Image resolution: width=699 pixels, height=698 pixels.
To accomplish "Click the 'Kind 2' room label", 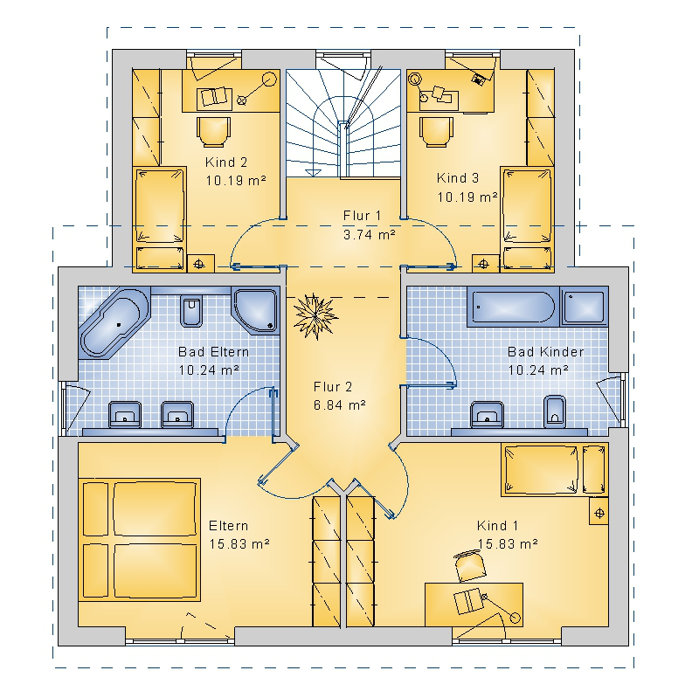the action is coord(226,162).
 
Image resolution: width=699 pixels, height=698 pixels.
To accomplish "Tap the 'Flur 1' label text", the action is coord(362,216).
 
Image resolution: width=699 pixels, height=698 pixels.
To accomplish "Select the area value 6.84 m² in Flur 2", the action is coord(340,404).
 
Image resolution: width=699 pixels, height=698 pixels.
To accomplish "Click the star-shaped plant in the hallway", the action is coord(315,316).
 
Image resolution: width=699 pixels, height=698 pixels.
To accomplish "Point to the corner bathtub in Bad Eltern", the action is coord(114,322).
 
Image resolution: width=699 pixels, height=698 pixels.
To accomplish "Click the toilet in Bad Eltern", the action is coord(191,310).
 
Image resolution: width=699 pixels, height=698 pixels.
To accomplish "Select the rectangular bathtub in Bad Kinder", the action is coord(513,307).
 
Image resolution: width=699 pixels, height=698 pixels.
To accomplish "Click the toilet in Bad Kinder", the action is coord(555,411).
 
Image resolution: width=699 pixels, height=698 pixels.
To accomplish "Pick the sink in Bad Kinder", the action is coord(487,415).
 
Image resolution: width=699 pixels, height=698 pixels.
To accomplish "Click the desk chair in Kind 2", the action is coord(213,132).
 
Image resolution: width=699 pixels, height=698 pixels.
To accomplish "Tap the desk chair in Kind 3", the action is coord(436,132).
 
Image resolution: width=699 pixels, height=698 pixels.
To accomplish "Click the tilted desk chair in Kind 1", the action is coord(470,566).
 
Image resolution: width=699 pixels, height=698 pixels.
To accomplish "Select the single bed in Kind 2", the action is coord(160,204).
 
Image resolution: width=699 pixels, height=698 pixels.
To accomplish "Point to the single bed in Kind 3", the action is coord(528,204).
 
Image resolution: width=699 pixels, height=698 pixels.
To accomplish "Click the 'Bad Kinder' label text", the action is coord(545,352).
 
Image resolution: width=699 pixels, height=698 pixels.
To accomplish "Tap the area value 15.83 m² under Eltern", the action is coord(239,543).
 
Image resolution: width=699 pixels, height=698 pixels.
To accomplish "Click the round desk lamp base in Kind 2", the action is coord(269,79).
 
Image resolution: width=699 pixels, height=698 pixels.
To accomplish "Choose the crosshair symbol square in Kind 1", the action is coord(599,514).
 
